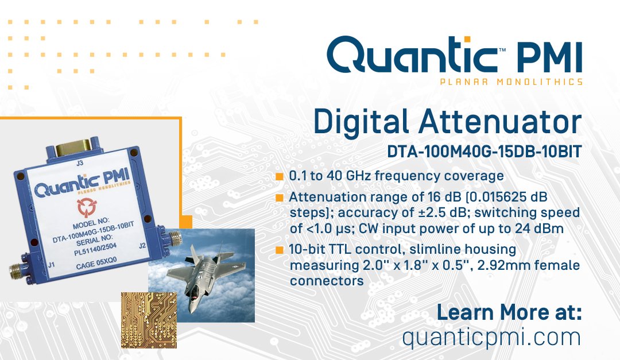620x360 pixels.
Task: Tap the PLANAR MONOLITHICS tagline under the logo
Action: click(511, 82)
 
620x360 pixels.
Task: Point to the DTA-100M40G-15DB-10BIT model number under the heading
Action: click(485, 152)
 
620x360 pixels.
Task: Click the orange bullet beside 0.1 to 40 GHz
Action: click(280, 176)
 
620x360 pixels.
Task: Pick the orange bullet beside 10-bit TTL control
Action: click(280, 250)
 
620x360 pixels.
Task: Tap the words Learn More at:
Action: click(509, 313)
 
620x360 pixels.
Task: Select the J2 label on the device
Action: click(146, 246)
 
